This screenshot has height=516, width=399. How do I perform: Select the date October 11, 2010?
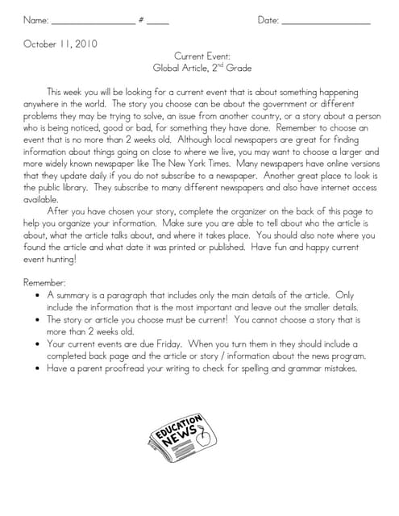[x=60, y=44]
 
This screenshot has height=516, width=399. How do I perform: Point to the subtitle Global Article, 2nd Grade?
[x=198, y=69]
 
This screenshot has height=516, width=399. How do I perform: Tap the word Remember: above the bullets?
[x=45, y=283]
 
